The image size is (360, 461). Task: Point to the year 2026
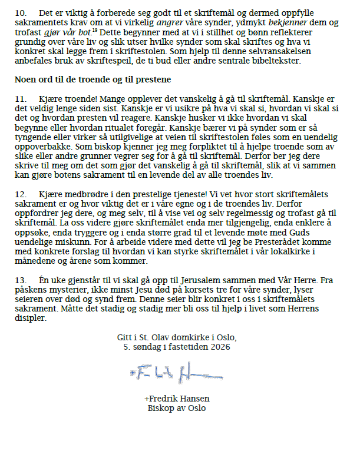[x=219, y=347]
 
